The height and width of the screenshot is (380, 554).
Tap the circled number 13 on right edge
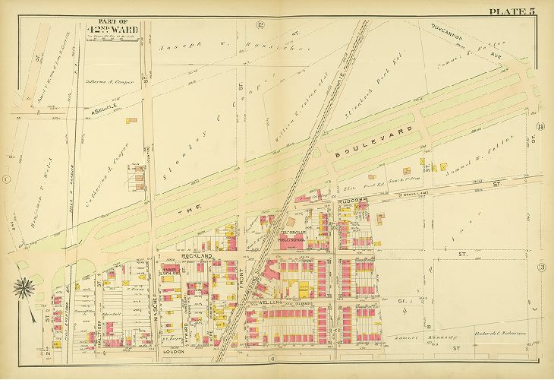click(x=541, y=268)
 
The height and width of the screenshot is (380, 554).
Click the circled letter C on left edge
click(x=5, y=179)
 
